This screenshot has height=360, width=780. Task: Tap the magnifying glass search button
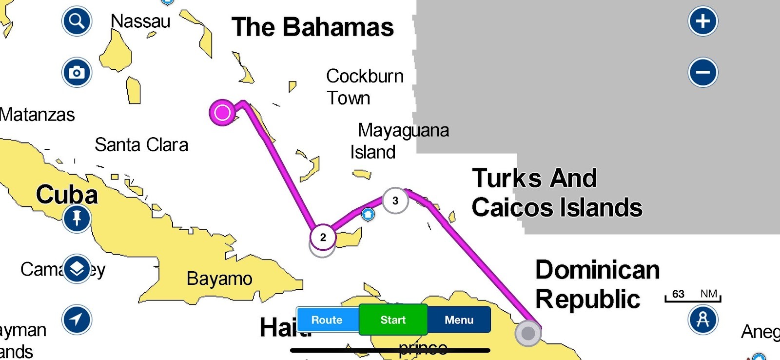click(77, 21)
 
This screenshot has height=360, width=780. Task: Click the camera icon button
click(77, 73)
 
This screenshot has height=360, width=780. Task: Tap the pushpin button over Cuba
click(77, 218)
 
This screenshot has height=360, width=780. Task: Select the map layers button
click(77, 268)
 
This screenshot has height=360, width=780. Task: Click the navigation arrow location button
click(77, 320)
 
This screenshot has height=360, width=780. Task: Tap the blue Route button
click(327, 320)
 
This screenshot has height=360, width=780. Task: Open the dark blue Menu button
click(459, 320)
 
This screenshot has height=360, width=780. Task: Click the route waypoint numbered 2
click(323, 238)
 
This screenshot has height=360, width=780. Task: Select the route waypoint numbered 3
click(395, 200)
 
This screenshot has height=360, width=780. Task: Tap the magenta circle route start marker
click(222, 113)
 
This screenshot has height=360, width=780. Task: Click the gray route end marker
click(528, 333)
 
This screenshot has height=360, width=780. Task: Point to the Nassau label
click(140, 21)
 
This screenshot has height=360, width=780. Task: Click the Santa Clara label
click(141, 145)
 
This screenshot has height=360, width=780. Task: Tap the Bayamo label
click(219, 279)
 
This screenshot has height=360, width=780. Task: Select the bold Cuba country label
click(67, 195)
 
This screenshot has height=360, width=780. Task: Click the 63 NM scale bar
click(693, 295)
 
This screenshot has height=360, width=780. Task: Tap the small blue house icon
click(368, 214)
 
